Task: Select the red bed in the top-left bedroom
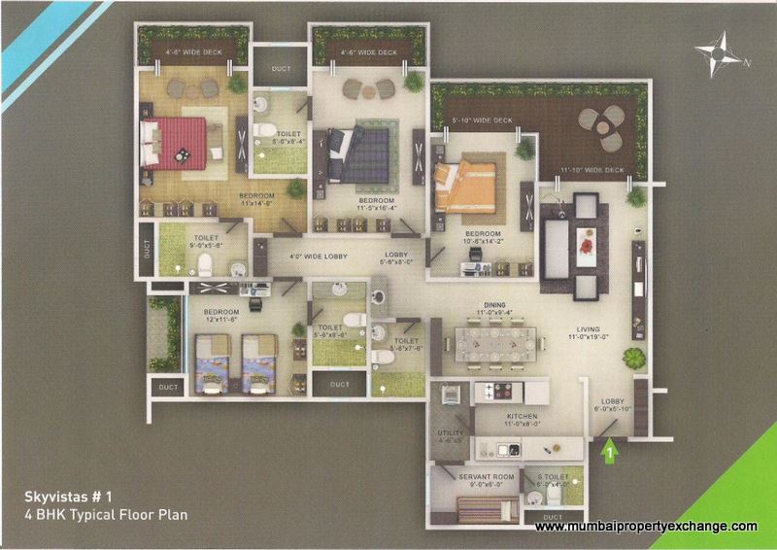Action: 176,142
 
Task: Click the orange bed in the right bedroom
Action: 464,186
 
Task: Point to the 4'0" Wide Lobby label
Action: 317,258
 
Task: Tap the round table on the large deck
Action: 596,127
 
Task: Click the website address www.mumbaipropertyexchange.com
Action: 646,527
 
